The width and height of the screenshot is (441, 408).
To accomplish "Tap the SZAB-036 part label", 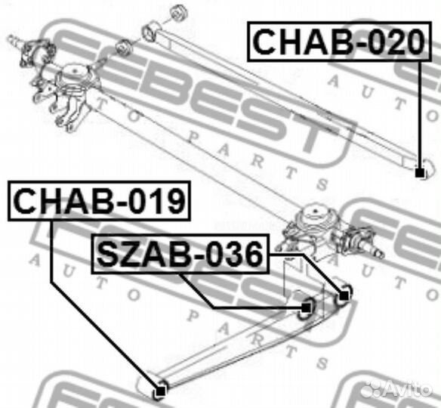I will pyautogui.click(x=179, y=255).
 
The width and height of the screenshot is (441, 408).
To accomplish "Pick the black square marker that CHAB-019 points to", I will pyautogui.click(x=159, y=392).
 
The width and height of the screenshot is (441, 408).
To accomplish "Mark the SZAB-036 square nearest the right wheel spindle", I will pyautogui.click(x=344, y=294).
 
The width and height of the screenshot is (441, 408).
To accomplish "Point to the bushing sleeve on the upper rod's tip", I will pyautogui.click(x=150, y=32).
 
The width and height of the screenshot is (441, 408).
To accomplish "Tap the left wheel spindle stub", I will pyautogui.click(x=16, y=39).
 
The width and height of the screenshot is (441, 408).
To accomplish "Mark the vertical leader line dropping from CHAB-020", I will pyautogui.click(x=419, y=113).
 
